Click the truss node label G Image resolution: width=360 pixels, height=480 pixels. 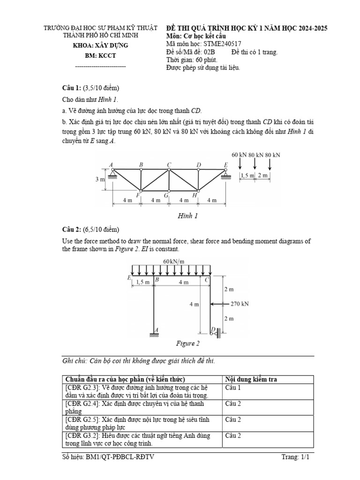[x=166, y=195]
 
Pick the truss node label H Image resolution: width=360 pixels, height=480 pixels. [x=194, y=195]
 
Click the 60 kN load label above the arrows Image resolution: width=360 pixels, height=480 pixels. [x=240, y=155]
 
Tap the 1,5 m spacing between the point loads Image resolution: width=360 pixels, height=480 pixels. [x=247, y=175]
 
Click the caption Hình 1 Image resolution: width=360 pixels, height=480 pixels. [x=187, y=216]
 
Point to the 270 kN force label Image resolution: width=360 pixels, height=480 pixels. [x=240, y=304]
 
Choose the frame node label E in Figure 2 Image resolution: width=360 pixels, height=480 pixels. [x=129, y=277]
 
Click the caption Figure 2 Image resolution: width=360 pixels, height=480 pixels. [x=187, y=344]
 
